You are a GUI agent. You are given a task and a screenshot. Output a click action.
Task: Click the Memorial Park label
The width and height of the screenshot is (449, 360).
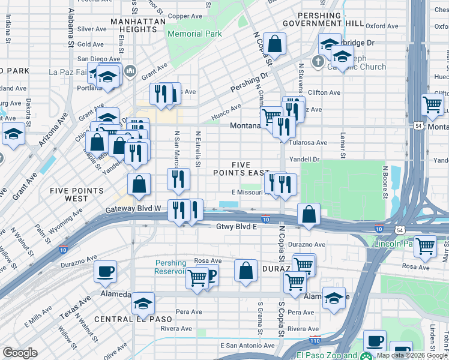(194, 34)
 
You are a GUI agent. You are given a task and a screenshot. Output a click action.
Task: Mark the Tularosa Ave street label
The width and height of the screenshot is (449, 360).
(308, 143)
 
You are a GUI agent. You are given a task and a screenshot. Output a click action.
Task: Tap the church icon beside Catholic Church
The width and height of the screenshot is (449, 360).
(319, 61)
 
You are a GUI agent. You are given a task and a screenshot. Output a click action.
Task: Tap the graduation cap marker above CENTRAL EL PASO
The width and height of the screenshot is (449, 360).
(143, 304)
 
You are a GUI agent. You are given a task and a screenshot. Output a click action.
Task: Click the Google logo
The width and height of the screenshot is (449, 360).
(20, 353)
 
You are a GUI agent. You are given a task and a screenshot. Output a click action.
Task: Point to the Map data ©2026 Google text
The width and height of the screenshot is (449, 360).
(412, 355)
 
